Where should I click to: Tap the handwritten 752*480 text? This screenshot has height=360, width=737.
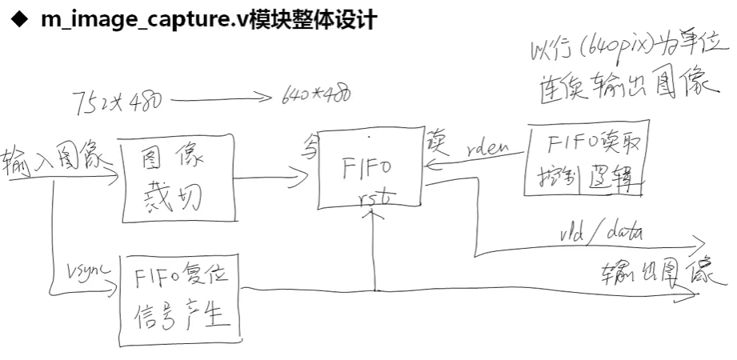click(x=116, y=102)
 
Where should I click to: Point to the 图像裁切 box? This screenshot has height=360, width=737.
click(x=177, y=178)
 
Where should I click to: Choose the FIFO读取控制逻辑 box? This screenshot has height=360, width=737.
click(x=586, y=159)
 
